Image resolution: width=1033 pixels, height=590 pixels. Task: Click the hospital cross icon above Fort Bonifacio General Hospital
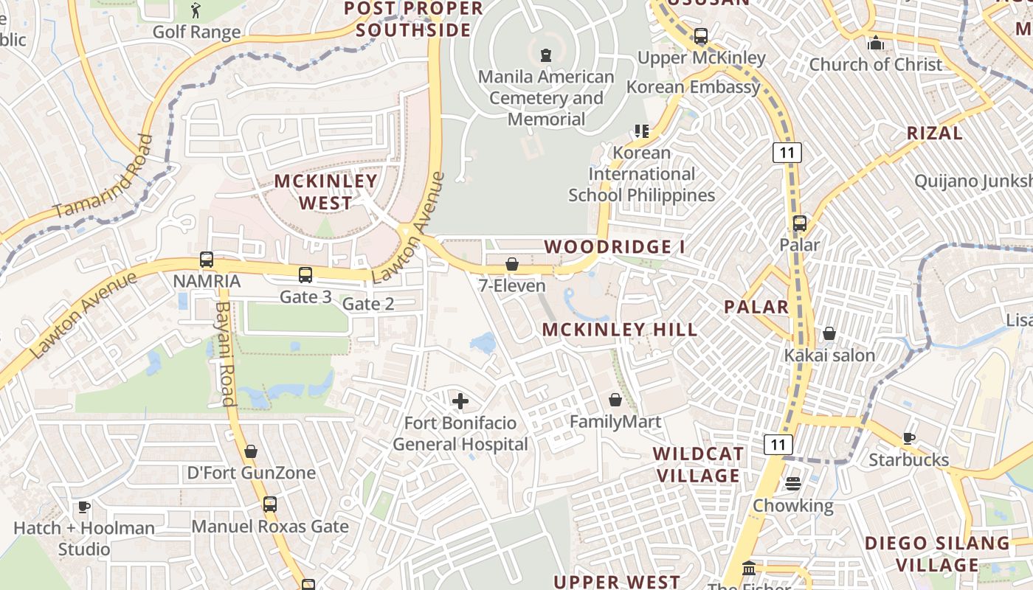coord(460,401)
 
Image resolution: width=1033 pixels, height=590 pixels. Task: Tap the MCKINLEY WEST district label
coord(326,192)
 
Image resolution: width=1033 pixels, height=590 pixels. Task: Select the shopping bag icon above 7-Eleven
coord(512,264)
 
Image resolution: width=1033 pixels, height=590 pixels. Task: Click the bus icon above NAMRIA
coord(207,260)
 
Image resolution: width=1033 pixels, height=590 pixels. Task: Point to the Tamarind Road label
coord(104,177)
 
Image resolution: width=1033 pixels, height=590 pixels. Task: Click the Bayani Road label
coord(224,354)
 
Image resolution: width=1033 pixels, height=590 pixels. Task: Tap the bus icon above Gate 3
coord(305,275)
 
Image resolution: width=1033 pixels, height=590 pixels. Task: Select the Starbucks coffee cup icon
coord(909,438)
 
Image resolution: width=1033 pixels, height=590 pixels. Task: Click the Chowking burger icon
coord(793,484)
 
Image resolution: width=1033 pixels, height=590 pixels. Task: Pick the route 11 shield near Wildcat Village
coord(778,445)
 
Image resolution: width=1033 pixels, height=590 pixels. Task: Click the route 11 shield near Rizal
coord(787,153)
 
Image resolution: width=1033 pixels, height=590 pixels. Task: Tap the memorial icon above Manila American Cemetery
coord(546,55)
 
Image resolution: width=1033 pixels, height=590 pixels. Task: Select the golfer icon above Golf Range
coord(196,10)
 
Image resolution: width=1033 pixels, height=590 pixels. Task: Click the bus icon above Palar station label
coord(800,223)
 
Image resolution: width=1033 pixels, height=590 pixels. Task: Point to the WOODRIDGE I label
coord(615,247)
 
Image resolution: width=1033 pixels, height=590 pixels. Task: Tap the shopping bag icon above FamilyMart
coord(615,400)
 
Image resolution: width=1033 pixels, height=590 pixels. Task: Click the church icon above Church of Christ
coord(876,43)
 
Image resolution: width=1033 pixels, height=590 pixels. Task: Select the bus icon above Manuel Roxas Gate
coord(270,504)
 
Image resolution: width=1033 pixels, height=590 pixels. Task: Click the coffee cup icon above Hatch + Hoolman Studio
coord(84,507)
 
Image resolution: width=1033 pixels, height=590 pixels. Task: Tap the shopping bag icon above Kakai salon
coord(829,333)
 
